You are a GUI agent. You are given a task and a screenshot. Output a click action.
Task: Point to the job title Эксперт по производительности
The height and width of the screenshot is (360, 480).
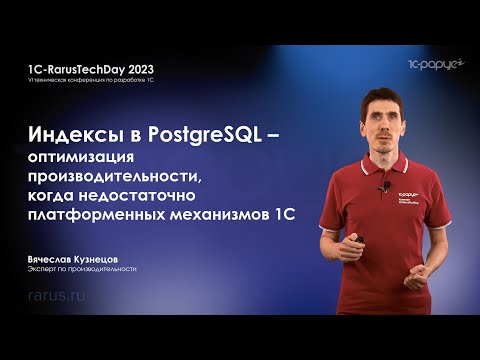[x=82, y=269]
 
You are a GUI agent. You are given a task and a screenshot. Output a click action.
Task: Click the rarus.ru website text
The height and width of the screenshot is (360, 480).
[x=57, y=298]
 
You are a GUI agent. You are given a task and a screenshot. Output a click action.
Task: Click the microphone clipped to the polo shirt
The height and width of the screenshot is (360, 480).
[x=381, y=186]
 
